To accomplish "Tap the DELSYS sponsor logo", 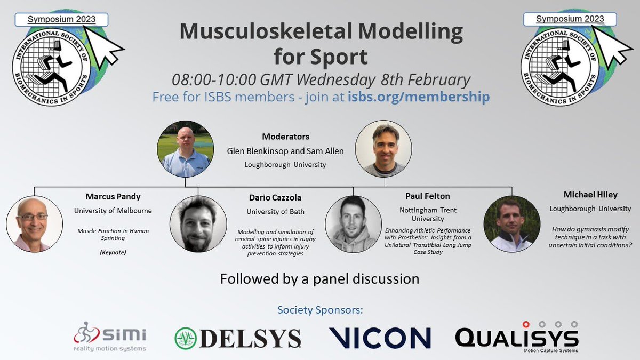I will coord(238,338).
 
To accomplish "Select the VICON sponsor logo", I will coord(380,338).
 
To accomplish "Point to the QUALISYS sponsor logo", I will coord(517,337).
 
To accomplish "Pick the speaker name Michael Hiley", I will coord(590,195).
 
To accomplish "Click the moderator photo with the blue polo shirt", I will coord(185,151).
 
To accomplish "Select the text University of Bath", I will coord(275,211).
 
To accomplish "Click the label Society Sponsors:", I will coord(319,310).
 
